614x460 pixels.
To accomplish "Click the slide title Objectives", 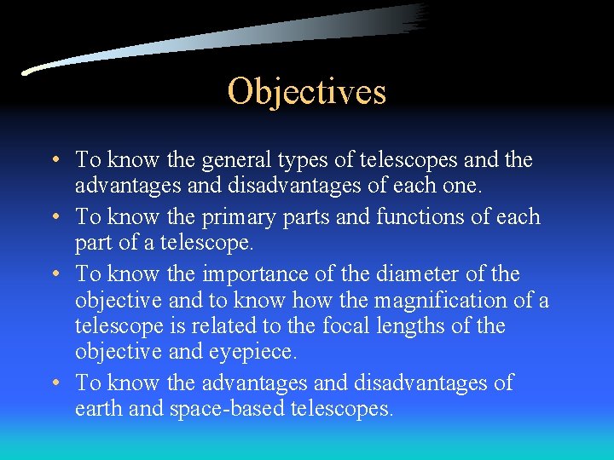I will coord(306,91).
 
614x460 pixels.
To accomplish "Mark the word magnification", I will coord(450,301).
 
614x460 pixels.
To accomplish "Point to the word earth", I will coord(98,409).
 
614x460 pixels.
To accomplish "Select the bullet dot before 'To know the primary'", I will coord(54,218).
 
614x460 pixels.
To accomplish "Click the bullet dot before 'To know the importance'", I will coord(54,275).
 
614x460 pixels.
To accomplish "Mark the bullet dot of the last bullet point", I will coord(54,384).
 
